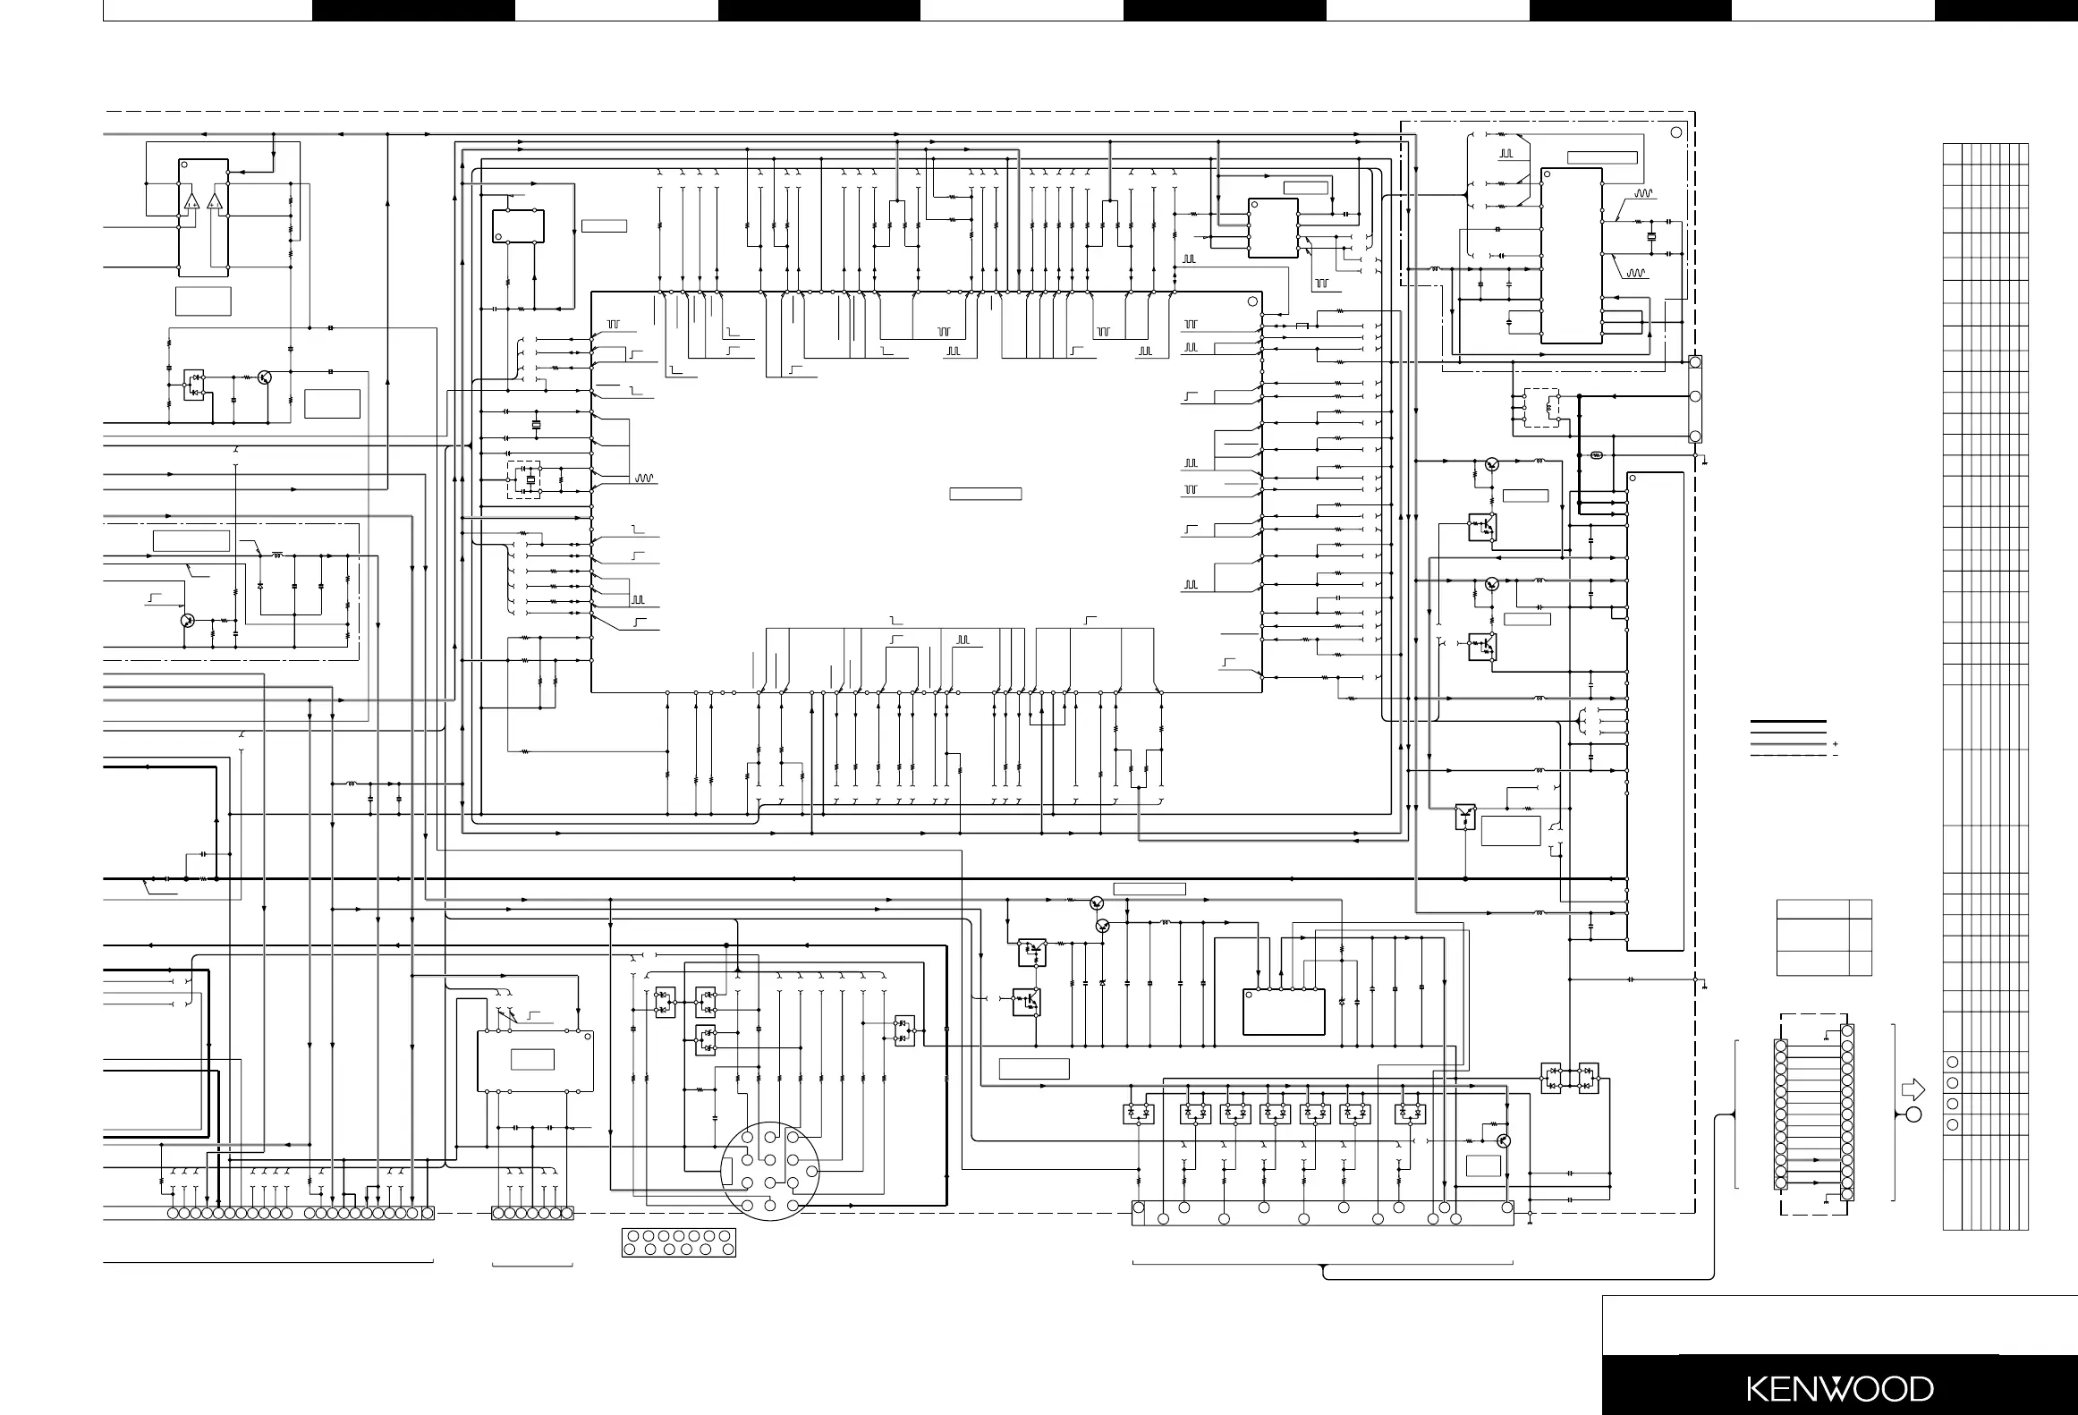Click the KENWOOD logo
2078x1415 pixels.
pos(1839,1388)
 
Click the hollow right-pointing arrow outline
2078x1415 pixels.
pos(1913,1089)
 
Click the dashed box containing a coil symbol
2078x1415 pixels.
pos(1541,408)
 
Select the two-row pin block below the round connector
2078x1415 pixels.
pos(679,1242)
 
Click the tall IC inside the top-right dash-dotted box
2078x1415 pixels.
pos(1572,254)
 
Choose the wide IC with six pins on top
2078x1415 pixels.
pos(1284,1012)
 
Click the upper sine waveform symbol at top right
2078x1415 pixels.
pos(1644,192)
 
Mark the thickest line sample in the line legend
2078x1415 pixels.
pos(1788,721)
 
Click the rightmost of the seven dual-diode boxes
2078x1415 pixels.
pos(1411,1114)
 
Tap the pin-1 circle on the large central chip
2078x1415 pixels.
pos(1251,301)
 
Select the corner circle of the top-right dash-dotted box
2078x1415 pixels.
pos(1676,132)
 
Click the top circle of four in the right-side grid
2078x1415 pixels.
pos(1953,1062)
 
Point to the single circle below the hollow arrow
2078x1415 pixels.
pos(1913,1114)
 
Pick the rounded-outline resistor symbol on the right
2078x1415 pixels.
pos(1598,455)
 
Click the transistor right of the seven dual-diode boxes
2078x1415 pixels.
pos(1503,1140)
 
